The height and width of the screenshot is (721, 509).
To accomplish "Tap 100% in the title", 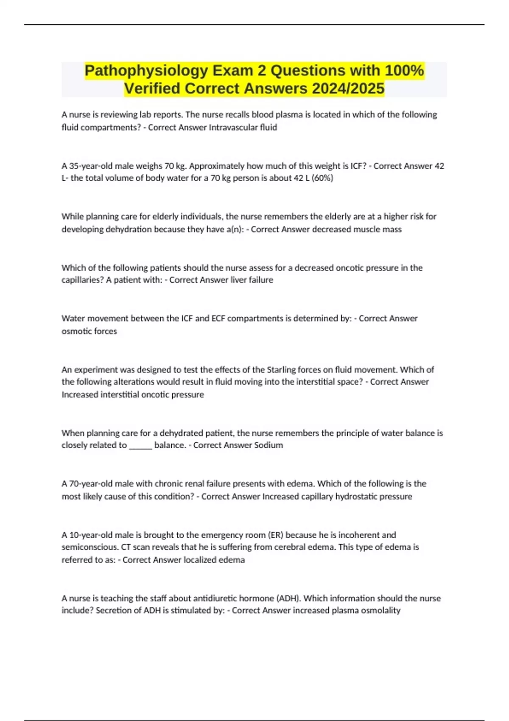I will coord(404,70).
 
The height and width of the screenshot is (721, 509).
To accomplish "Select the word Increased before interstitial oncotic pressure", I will coord(80,394).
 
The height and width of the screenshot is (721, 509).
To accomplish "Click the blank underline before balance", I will coord(140,445).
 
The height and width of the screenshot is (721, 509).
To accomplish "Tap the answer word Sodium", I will coord(268,445).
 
